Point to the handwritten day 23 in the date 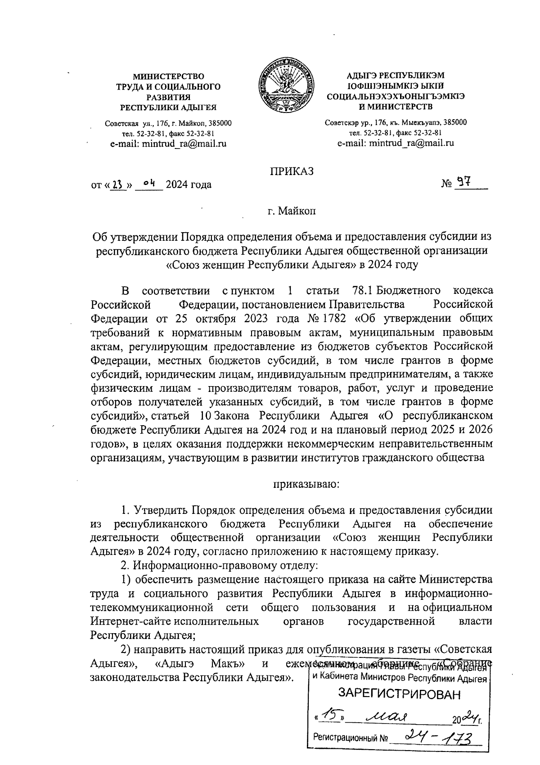pyautogui.click(x=118, y=184)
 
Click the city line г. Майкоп pyautogui.click(x=292, y=211)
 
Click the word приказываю pyautogui.click(x=306, y=485)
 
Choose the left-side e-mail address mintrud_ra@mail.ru pyautogui.click(x=168, y=144)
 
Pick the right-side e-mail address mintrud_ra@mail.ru pyautogui.click(x=396, y=144)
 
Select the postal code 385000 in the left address pyautogui.click(x=218, y=123)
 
